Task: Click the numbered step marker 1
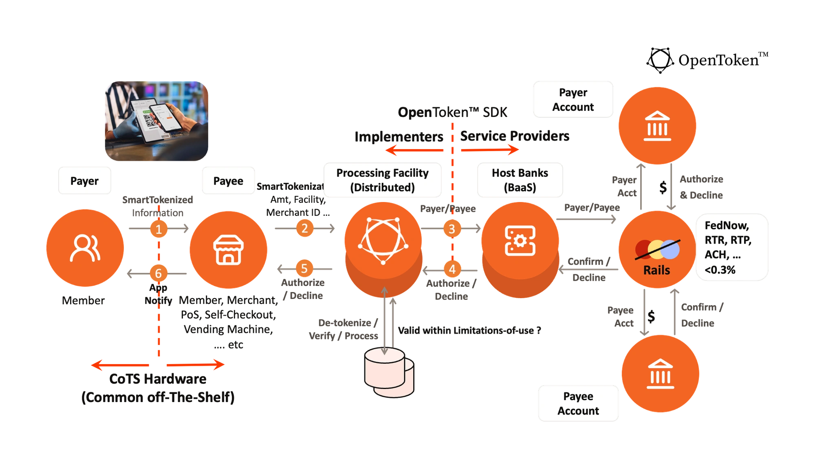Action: (x=159, y=229)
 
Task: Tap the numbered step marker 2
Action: (x=304, y=229)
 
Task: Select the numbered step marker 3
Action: (x=452, y=229)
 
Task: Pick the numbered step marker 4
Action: (x=452, y=269)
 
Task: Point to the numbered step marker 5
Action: (x=304, y=269)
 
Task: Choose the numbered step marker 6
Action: (x=159, y=273)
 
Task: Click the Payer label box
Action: (x=84, y=180)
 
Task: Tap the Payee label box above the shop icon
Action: (x=228, y=180)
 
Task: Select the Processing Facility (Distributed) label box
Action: (x=382, y=180)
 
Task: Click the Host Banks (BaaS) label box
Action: (x=520, y=180)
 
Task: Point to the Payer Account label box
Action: (x=573, y=100)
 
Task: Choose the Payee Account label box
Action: (x=578, y=403)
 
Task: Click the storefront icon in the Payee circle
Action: (x=228, y=249)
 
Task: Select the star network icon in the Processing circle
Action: (x=383, y=240)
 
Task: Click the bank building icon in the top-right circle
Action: (x=657, y=126)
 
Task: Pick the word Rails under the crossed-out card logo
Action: (x=656, y=270)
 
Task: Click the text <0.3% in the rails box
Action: (x=720, y=270)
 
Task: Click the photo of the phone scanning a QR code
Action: (x=156, y=121)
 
